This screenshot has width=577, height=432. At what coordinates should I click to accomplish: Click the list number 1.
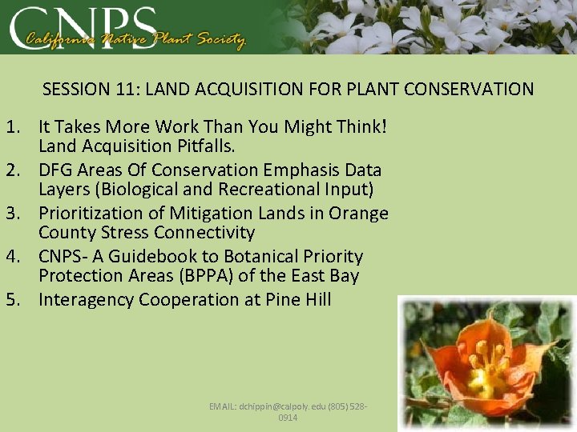pyautogui.click(x=14, y=126)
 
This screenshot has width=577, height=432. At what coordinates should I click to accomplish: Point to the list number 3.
pyautogui.click(x=14, y=213)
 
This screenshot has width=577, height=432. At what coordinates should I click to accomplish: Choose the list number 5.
pyautogui.click(x=14, y=299)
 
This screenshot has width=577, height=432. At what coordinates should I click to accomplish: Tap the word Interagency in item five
pyautogui.click(x=87, y=299)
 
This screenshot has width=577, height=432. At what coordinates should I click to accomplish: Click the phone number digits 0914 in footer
pyautogui.click(x=288, y=418)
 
